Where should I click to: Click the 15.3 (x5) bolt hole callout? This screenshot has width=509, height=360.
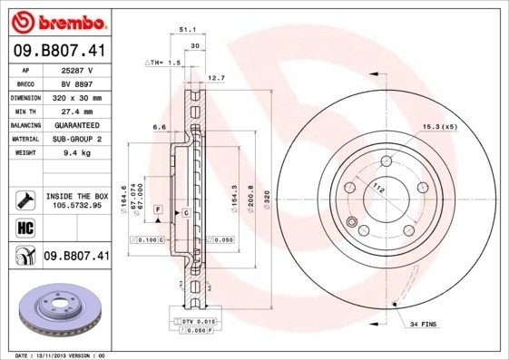(x=437, y=126)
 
